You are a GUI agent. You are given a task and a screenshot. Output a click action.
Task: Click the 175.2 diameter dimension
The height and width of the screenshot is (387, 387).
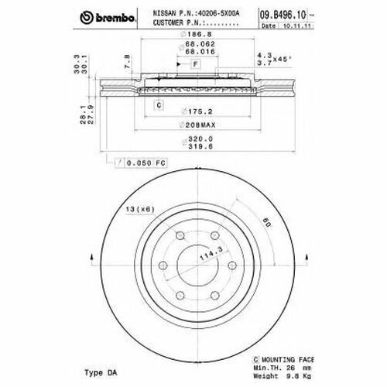pos(187,110)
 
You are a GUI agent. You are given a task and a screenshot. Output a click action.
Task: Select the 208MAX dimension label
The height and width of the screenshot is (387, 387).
pos(187,124)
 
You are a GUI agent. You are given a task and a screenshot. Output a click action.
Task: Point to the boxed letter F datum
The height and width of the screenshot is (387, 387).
pos(195,62)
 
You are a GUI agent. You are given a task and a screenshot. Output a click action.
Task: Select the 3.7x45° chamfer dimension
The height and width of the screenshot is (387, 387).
pos(265,61)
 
